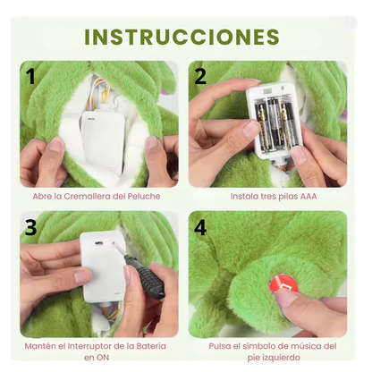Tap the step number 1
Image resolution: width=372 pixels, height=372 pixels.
(31, 76)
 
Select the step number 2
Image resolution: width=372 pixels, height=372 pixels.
(200, 76)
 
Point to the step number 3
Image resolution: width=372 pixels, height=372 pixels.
(31, 228)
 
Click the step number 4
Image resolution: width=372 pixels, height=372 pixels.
(200, 228)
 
